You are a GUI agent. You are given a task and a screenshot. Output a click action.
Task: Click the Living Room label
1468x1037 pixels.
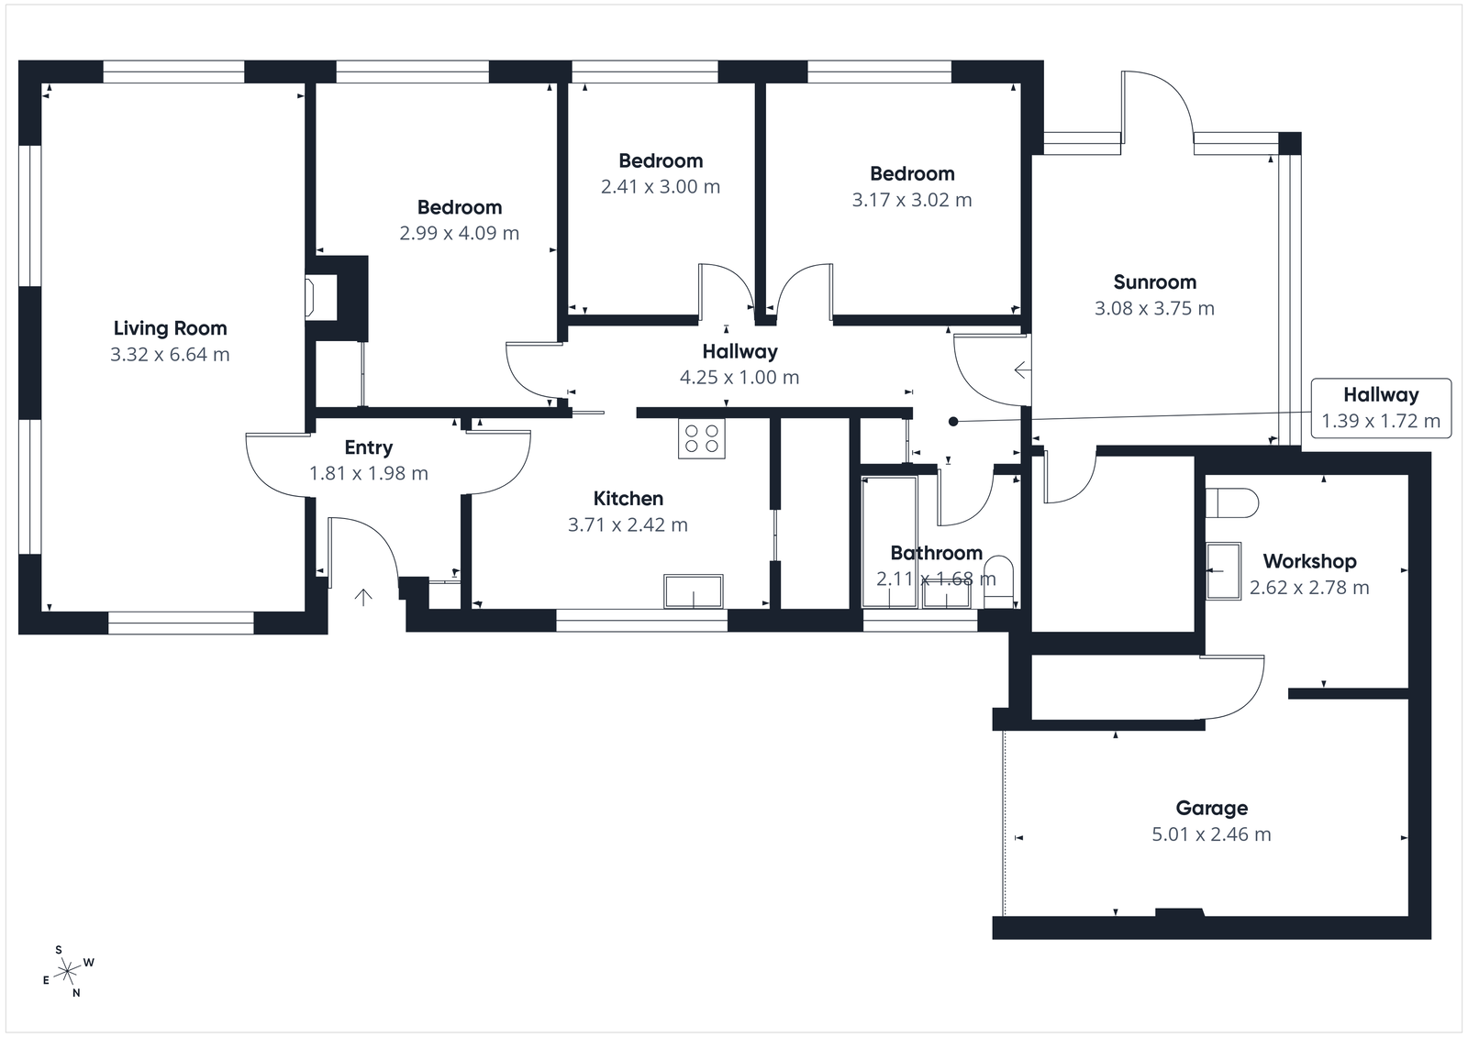(170, 328)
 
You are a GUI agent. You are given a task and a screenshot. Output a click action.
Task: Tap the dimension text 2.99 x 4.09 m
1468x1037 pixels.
(459, 233)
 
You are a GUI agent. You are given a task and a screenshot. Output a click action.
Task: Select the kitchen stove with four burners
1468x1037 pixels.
(701, 438)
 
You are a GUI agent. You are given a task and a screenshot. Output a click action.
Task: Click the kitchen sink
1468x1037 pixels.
(693, 591)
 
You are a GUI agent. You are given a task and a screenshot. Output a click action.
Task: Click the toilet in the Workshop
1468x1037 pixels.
(1232, 502)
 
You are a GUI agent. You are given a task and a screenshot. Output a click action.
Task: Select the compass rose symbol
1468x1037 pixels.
(68, 971)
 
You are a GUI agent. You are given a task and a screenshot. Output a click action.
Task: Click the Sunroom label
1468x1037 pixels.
(1154, 282)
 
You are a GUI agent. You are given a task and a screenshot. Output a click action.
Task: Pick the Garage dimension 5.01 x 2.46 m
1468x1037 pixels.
(1211, 834)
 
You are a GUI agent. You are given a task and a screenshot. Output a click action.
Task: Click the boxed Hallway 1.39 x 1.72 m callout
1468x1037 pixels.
(1380, 408)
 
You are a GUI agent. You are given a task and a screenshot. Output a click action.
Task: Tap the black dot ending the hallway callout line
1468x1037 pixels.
(953, 422)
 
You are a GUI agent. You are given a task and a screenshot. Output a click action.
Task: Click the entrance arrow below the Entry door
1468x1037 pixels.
(363, 598)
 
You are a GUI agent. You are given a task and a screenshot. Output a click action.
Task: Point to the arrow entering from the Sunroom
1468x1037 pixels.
(1022, 370)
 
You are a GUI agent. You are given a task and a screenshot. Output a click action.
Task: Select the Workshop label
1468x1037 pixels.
(1309, 561)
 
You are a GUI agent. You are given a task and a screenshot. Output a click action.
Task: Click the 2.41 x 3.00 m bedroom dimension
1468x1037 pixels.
(660, 187)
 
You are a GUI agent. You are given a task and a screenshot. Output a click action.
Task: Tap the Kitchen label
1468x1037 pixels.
(628, 499)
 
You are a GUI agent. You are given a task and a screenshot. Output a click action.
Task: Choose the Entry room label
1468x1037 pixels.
(368, 447)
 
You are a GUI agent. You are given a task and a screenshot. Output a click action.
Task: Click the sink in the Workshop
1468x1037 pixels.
(1222, 570)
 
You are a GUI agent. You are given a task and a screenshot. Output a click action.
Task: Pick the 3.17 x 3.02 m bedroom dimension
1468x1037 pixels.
(911, 200)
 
